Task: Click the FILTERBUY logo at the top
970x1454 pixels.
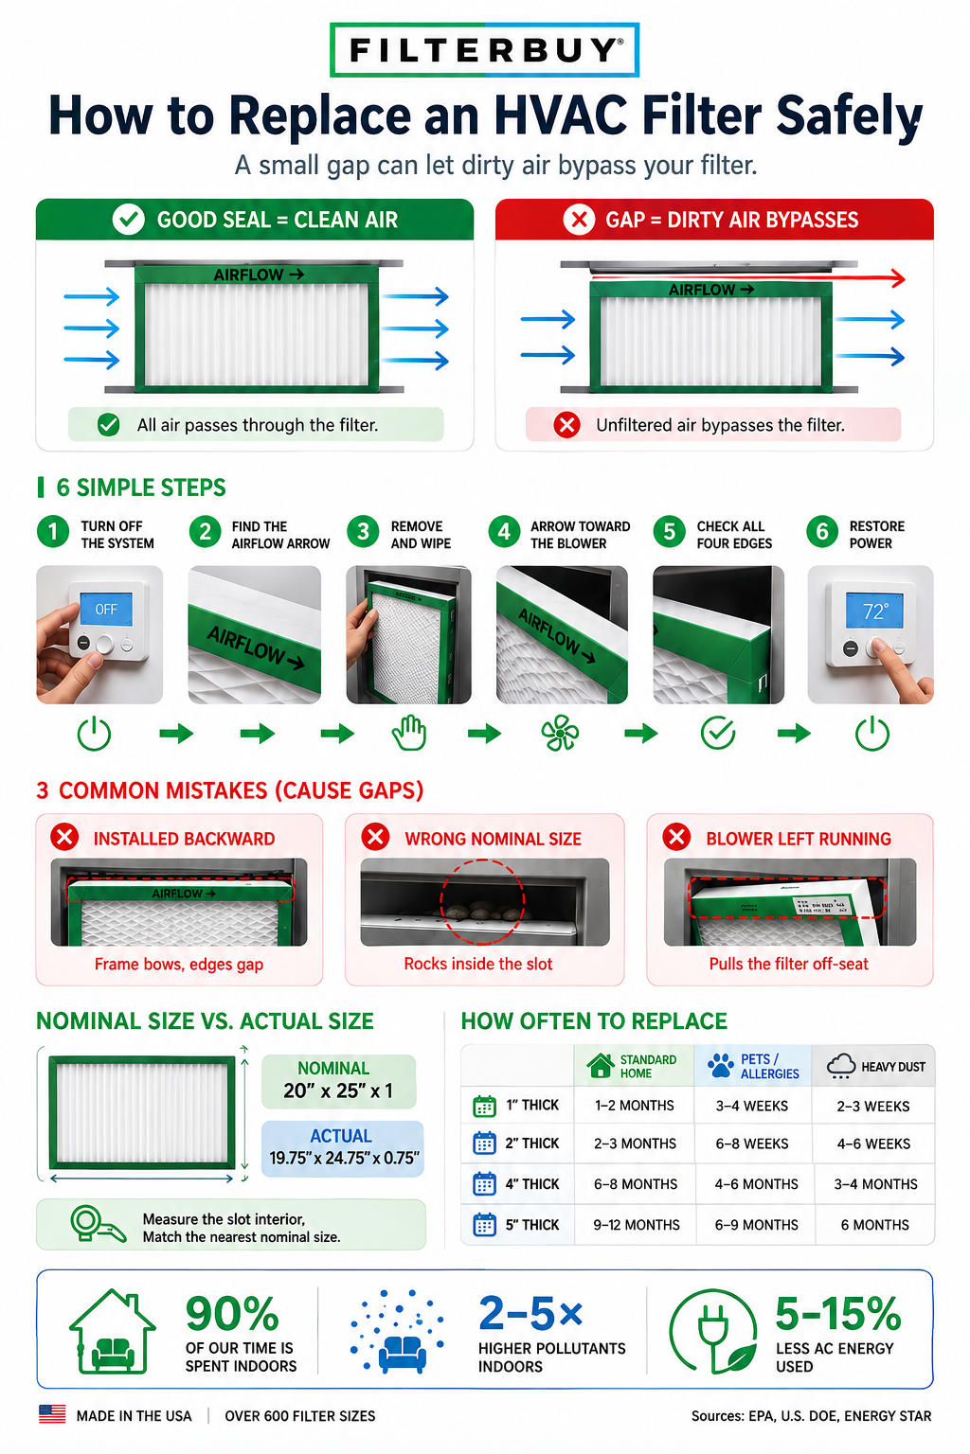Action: [x=485, y=50]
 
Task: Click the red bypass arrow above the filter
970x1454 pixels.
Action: [x=747, y=277]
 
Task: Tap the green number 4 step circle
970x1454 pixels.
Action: [x=504, y=533]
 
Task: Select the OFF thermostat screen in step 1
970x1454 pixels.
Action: [x=106, y=609]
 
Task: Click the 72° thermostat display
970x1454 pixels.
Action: [x=874, y=611]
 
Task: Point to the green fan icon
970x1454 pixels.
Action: [x=560, y=734]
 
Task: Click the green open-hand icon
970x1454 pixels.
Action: [x=409, y=734]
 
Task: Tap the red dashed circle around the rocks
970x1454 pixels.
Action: [x=482, y=901]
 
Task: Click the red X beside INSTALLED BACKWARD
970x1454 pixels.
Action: [x=65, y=838]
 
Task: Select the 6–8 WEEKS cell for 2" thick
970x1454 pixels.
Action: [x=752, y=1144]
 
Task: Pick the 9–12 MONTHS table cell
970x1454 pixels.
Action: [x=636, y=1225]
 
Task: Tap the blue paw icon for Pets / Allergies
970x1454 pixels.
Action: [x=720, y=1066]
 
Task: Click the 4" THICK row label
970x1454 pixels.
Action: [x=532, y=1184]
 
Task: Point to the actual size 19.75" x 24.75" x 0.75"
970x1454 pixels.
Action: [x=344, y=1158]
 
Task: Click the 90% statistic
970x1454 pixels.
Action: [x=232, y=1313]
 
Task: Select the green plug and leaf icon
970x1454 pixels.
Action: [x=713, y=1332]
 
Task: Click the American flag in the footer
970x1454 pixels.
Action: [x=52, y=1414]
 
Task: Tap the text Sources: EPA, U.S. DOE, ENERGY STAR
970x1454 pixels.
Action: [x=811, y=1416]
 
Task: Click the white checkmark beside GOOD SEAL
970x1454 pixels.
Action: [x=129, y=220]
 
